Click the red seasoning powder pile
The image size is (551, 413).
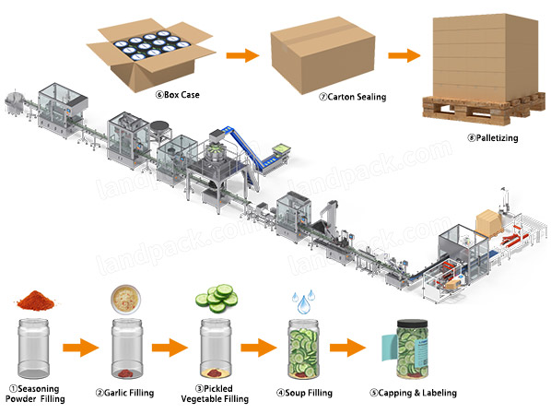point(36,301)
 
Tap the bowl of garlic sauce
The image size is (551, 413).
point(126,299)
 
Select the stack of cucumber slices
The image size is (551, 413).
point(217,299)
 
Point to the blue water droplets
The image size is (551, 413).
point(303,302)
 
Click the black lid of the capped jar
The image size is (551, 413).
point(412,324)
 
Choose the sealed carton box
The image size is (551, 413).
point(322,54)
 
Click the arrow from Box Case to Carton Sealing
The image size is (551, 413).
point(242,55)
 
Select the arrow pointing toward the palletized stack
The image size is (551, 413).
point(404,55)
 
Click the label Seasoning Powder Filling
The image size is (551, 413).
point(35,394)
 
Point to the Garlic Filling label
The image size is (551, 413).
point(125,393)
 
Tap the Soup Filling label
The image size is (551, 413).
point(305,393)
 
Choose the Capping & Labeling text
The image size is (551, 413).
point(413,393)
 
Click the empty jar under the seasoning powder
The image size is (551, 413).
point(34,348)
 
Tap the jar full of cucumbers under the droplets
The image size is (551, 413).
point(304,349)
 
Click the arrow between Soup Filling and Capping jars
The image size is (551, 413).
point(347,348)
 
